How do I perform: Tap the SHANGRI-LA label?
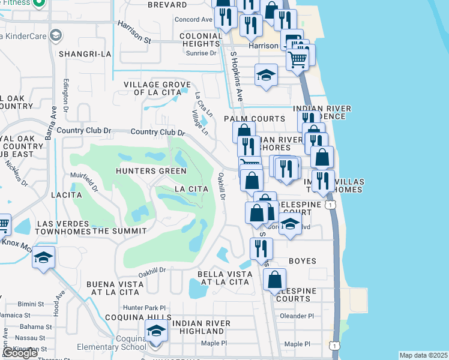(x=85, y=54)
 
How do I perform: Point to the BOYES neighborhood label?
(x=302, y=261)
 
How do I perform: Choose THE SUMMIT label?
(x=119, y=231)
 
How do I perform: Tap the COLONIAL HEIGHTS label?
(x=200, y=40)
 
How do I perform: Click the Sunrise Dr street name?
(x=202, y=53)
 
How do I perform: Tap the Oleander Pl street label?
(x=297, y=316)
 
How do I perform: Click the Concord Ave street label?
(x=193, y=19)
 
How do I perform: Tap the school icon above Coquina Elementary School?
(x=156, y=331)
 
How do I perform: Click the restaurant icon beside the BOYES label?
(x=261, y=248)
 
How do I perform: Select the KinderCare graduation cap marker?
(x=56, y=35)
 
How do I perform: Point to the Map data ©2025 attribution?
(x=423, y=355)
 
